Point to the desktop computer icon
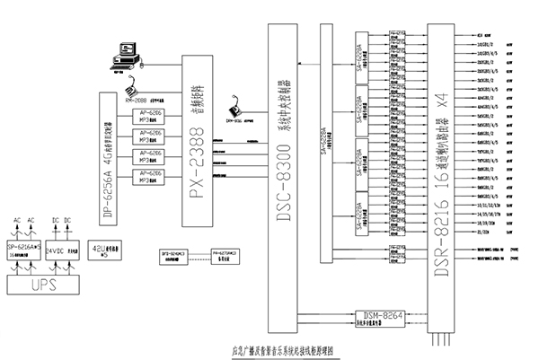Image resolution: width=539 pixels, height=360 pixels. (123, 56)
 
